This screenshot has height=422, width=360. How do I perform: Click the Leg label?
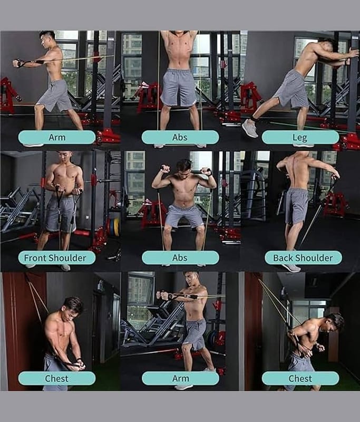(x=300, y=138)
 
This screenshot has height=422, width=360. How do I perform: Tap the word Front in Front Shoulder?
(x=36, y=258)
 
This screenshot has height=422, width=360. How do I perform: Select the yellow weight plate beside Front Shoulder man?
(x=116, y=227)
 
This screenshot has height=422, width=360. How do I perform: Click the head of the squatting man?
(x=184, y=168)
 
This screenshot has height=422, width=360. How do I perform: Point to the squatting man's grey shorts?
(x=184, y=216)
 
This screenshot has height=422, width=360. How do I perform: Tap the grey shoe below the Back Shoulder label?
(x=291, y=268)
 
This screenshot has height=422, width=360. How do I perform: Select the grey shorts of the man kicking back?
(x=291, y=90)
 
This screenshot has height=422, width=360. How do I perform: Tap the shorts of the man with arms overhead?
(x=178, y=88)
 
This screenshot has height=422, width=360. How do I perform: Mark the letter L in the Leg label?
(x=295, y=137)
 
